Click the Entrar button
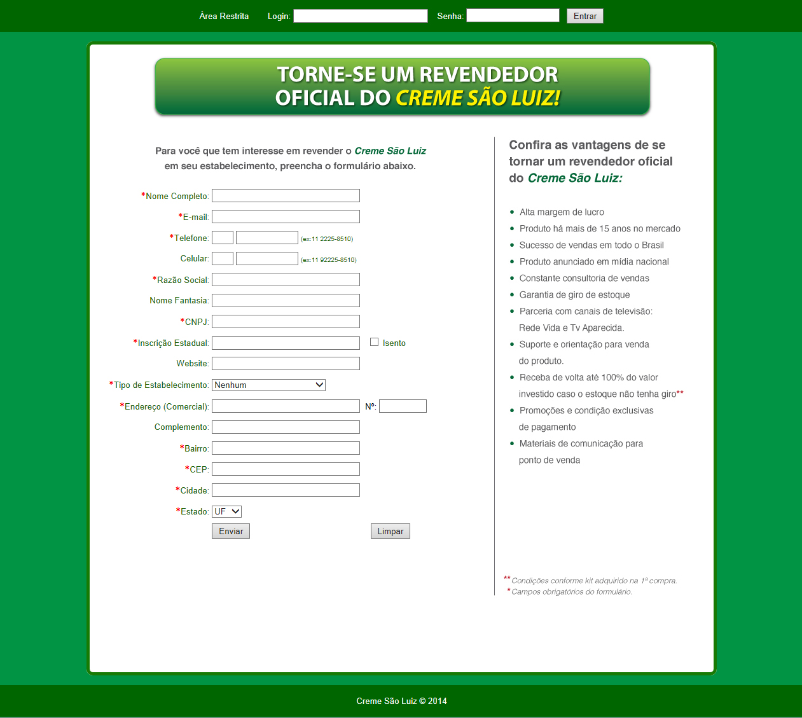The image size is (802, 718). click(584, 16)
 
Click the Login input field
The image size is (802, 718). click(360, 16)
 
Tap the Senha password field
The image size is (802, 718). click(513, 15)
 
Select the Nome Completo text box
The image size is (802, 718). click(286, 196)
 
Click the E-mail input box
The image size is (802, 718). click(286, 217)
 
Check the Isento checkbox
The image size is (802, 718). click(375, 342)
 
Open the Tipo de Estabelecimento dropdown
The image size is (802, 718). click(268, 385)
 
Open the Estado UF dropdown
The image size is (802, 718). click(226, 511)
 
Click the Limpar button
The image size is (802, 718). click(390, 531)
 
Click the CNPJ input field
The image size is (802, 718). click(286, 322)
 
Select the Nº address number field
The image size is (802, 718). click(403, 406)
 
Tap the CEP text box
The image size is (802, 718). click(286, 469)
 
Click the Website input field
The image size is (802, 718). click(286, 364)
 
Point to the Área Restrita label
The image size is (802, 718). click(224, 16)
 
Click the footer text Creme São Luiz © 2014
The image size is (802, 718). click(401, 701)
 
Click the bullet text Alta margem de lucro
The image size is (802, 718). click(562, 212)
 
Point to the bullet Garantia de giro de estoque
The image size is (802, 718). click(574, 294)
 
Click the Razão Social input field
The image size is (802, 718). click(286, 280)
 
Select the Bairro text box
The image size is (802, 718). click(286, 448)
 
